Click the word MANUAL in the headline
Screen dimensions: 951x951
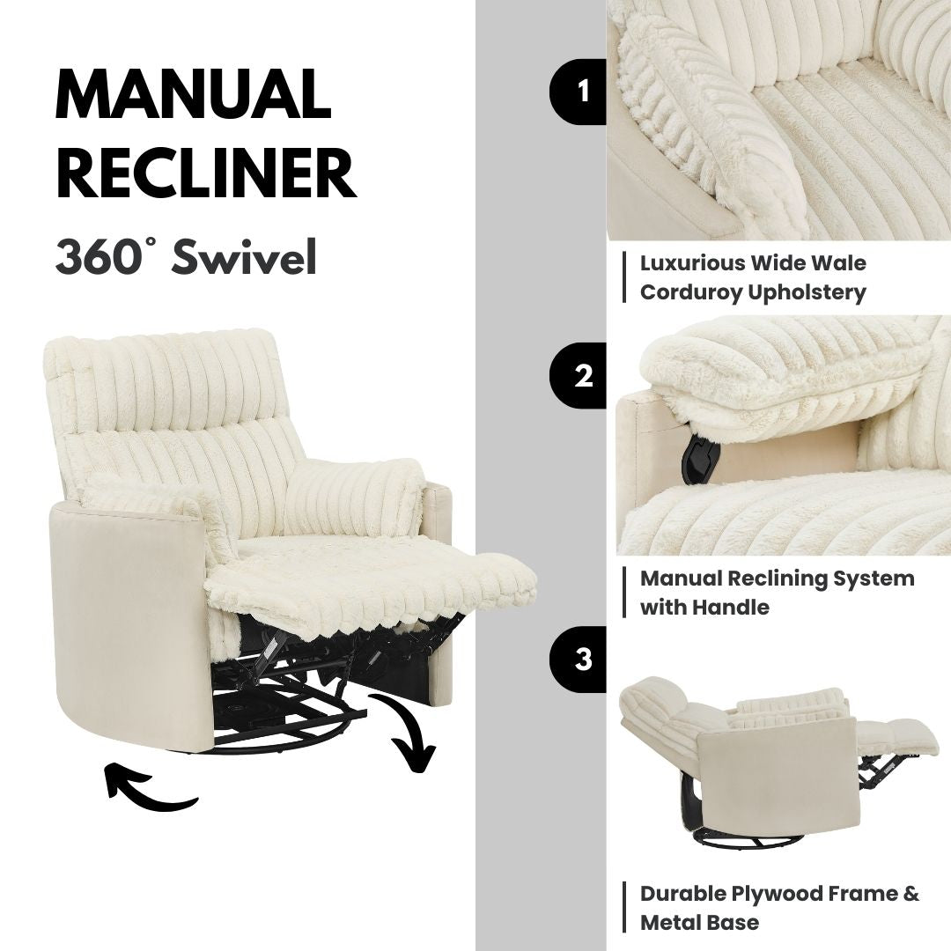pyautogui.click(x=193, y=94)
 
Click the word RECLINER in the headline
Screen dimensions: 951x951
pyautogui.click(x=205, y=175)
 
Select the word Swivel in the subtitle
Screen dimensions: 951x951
pyautogui.click(x=244, y=257)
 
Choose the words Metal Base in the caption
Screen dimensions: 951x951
pyautogui.click(x=699, y=923)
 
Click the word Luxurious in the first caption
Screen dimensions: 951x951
pyautogui.click(x=692, y=263)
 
